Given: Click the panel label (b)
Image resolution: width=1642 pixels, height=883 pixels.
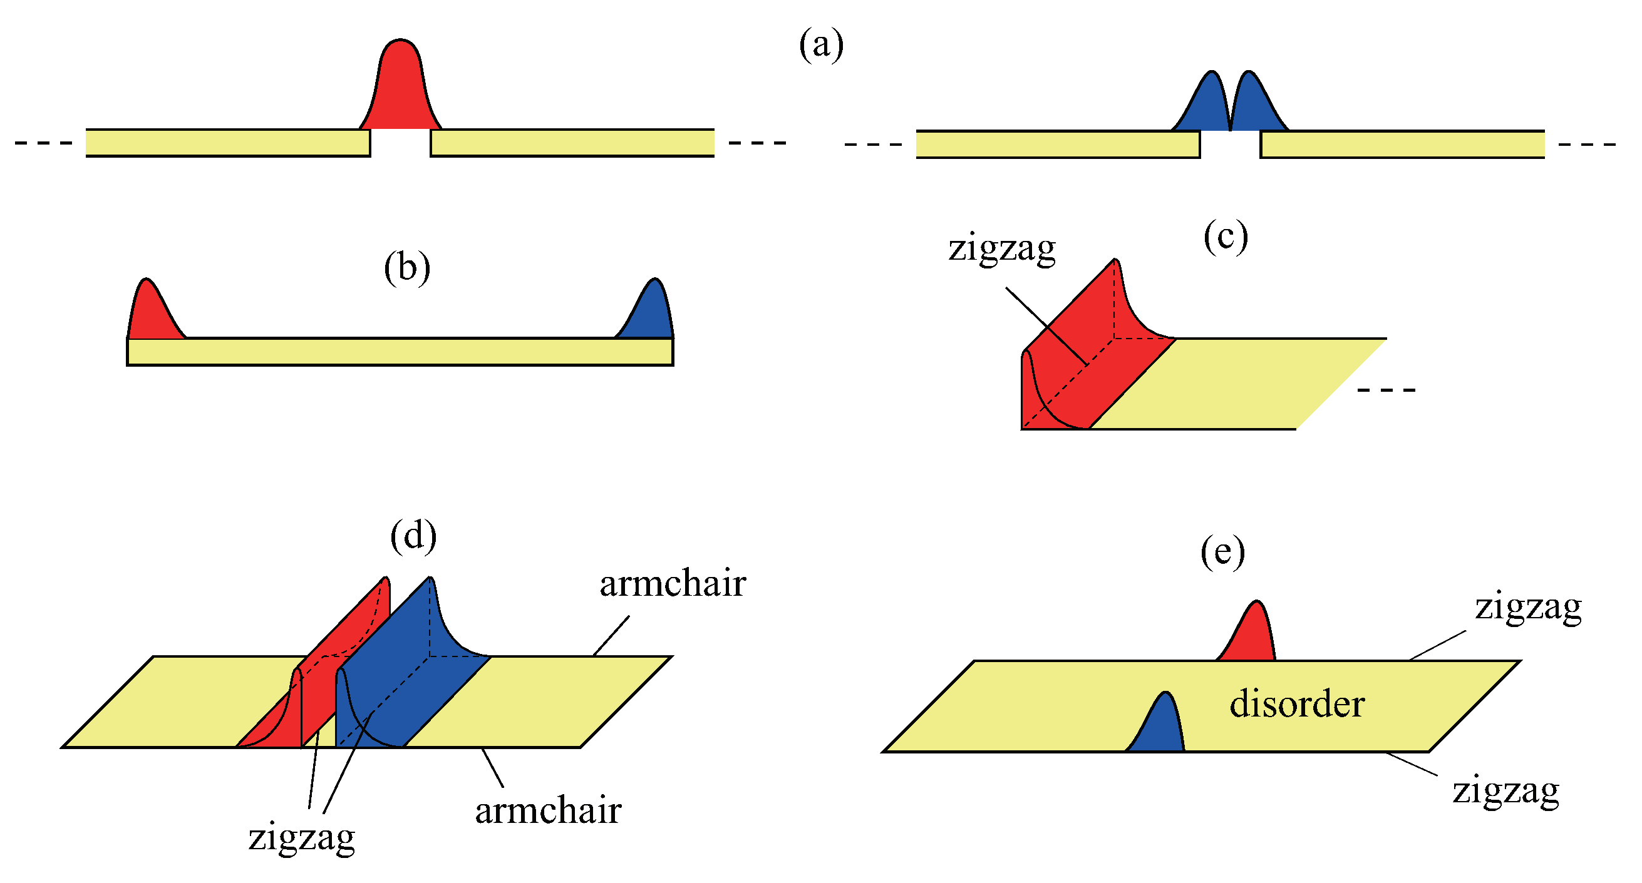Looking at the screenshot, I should point(406,268).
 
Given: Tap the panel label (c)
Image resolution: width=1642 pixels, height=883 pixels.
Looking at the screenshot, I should point(1225,237).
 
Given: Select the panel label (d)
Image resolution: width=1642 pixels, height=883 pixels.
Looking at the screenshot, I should point(414,536).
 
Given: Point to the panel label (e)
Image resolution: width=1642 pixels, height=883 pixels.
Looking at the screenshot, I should point(1222,552).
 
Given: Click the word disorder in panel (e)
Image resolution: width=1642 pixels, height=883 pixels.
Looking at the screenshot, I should point(1296,705).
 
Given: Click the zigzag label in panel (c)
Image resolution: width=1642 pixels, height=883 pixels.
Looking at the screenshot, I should point(1001,248).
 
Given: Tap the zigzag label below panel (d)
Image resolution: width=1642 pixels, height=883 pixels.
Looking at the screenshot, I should point(301,837).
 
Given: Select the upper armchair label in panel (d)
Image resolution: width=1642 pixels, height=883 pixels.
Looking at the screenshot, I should point(673,584).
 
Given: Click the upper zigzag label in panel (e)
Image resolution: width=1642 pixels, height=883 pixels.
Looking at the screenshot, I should point(1528,607).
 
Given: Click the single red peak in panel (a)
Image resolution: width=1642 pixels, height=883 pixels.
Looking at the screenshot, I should point(400,89).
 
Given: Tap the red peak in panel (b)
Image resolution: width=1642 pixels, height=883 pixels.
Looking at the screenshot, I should point(151,312).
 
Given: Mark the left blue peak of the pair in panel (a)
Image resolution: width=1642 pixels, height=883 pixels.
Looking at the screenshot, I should point(1206,105).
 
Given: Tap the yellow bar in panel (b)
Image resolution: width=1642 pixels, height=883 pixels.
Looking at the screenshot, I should point(400,352).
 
